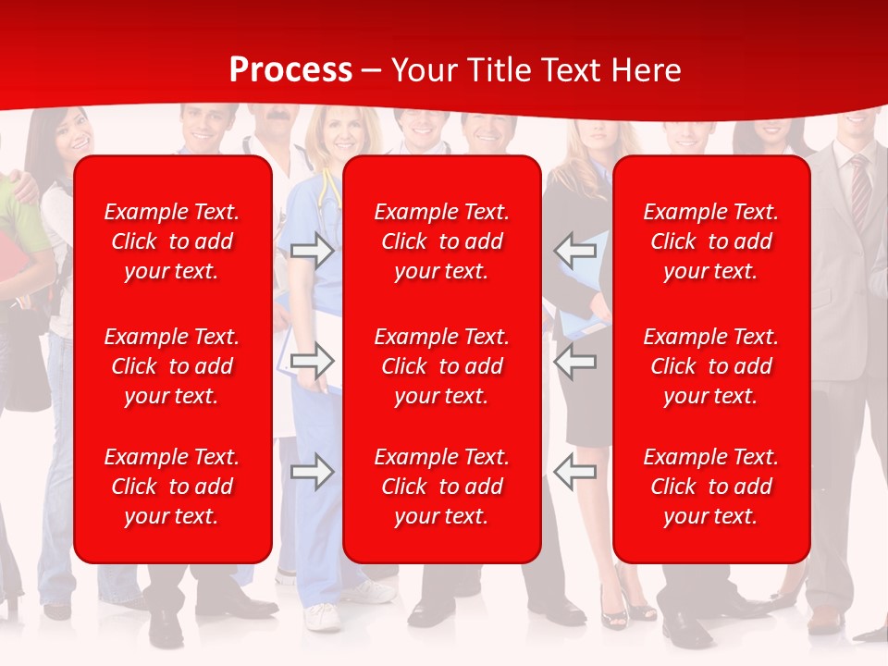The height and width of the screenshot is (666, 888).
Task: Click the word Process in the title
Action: pyautogui.click(x=290, y=70)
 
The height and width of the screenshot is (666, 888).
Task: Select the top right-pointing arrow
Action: pyautogui.click(x=312, y=251)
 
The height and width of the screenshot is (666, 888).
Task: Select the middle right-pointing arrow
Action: pyautogui.click(x=312, y=360)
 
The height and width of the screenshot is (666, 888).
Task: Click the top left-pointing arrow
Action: pyautogui.click(x=575, y=250)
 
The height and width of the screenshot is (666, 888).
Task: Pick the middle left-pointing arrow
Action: pyautogui.click(x=575, y=360)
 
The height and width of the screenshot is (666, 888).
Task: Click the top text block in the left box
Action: pyautogui.click(x=172, y=241)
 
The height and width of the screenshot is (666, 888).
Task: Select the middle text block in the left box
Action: pyautogui.click(x=172, y=366)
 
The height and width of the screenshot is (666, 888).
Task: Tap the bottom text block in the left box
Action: pyautogui.click(x=172, y=487)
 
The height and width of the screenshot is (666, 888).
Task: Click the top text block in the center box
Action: pyautogui.click(x=442, y=241)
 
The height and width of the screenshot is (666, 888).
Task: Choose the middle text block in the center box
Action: pyautogui.click(x=442, y=366)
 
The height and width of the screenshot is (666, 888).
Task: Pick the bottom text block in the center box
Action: pyautogui.click(x=442, y=487)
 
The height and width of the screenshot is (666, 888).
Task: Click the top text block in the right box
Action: pyautogui.click(x=711, y=241)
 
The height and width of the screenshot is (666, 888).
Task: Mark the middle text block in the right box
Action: pyautogui.click(x=711, y=366)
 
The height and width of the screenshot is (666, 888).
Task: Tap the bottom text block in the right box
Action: pyautogui.click(x=711, y=487)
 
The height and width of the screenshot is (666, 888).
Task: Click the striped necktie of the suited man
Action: pyautogui.click(x=860, y=194)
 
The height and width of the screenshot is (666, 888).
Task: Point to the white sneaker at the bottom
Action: pyautogui.click(x=322, y=616)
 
